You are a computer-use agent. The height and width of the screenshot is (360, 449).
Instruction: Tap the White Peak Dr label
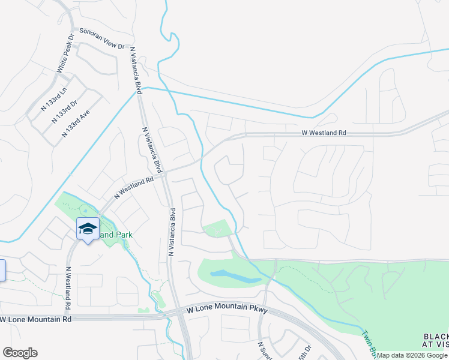tap(65, 53)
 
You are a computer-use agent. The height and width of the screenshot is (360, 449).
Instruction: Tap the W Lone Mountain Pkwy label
tap(226, 310)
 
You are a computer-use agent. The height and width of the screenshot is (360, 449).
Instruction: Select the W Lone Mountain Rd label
tap(37, 319)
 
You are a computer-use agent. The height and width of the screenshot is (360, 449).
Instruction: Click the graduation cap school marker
tap(88, 229)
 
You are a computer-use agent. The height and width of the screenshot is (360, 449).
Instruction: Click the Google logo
tap(20, 353)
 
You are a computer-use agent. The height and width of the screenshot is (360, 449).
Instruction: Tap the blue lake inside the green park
tap(235, 277)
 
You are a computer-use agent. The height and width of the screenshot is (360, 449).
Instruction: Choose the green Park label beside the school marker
tap(116, 235)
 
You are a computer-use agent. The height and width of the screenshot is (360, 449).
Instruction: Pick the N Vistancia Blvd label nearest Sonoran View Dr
tap(136, 71)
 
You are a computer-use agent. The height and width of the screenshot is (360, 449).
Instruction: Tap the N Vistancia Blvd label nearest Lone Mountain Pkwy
tap(171, 232)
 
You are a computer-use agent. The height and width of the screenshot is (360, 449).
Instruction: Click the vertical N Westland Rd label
tap(69, 289)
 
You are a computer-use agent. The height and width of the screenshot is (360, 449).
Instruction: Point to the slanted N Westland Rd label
tap(134, 187)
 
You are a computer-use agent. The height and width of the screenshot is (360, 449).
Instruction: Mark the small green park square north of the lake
tap(217, 229)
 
